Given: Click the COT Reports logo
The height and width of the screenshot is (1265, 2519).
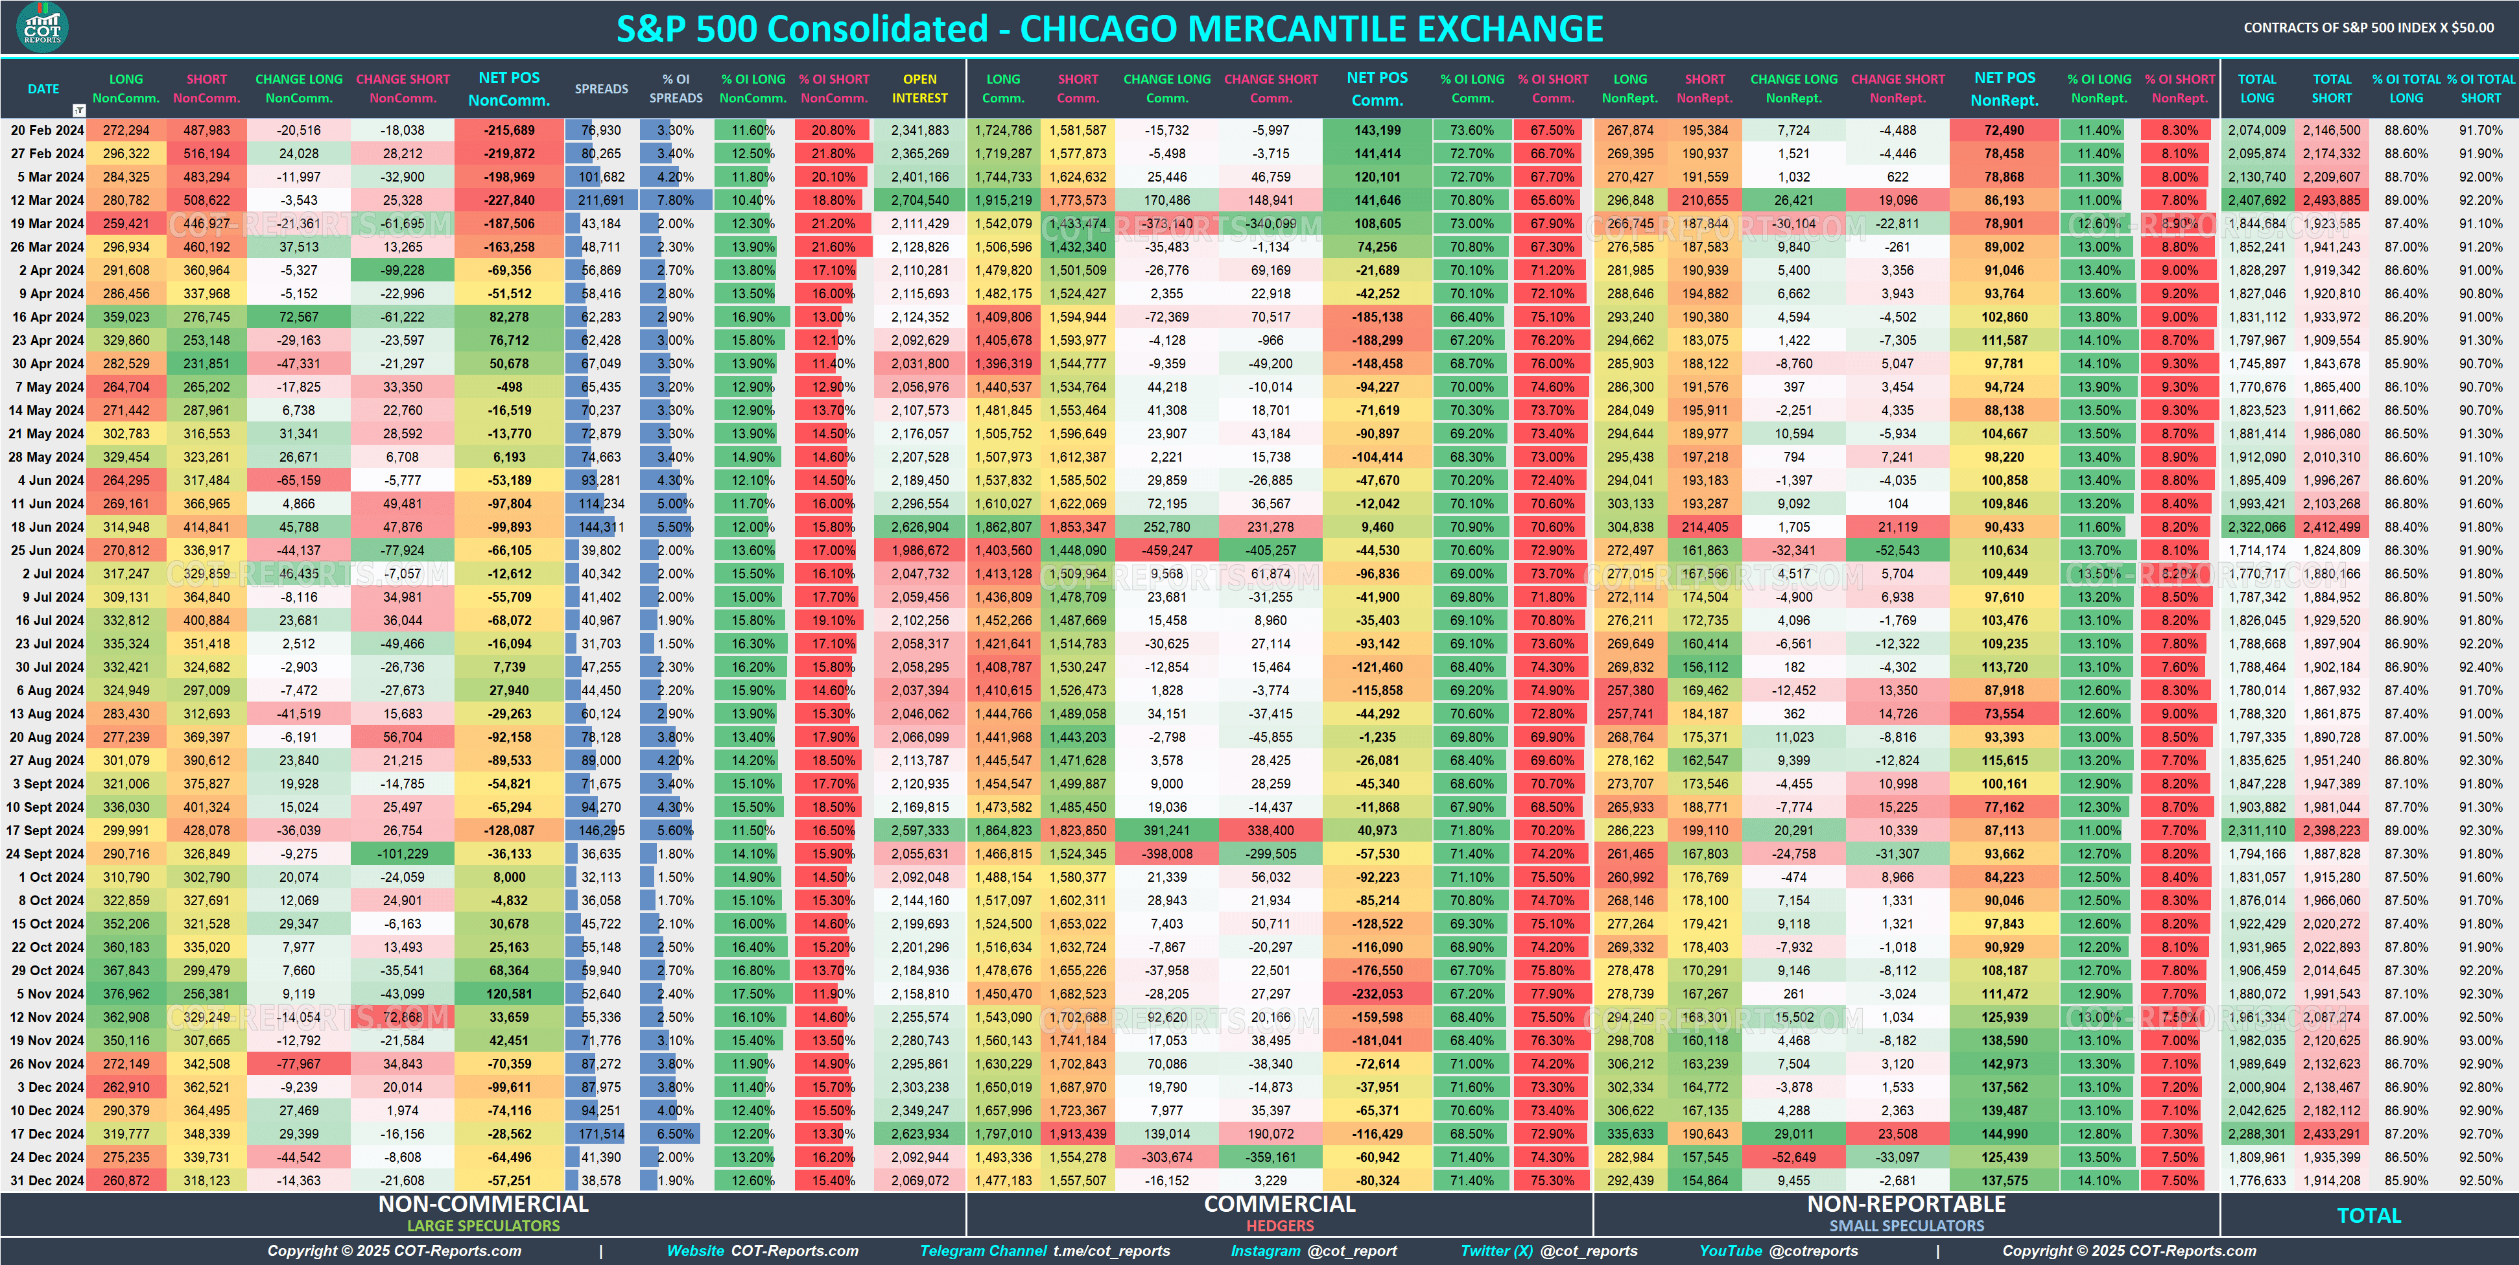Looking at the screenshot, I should coord(42,27).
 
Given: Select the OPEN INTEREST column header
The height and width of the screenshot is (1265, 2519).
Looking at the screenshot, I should coord(919,89).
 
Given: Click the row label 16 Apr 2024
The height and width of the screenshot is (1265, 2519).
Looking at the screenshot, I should coord(47,317).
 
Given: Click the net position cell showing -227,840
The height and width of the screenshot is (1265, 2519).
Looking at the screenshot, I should coord(510,200).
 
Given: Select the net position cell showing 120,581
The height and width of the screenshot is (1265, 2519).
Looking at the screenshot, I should coord(510,994).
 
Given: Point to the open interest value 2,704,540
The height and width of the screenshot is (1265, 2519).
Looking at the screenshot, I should coord(919,200).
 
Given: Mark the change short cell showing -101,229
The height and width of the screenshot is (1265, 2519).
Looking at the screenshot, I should coord(403,855).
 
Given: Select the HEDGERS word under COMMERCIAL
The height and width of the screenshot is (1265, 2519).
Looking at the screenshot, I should coord(1279,1226).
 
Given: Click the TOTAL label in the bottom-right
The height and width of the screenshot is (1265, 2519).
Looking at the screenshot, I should coord(2369,1216).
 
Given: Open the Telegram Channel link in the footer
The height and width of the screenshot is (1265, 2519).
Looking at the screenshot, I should coord(1045,1251).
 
